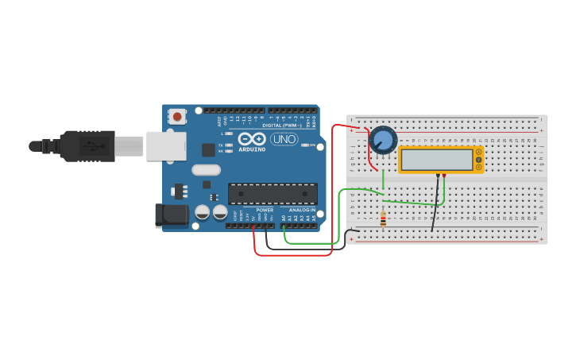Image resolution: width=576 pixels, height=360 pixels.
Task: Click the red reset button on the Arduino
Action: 176,117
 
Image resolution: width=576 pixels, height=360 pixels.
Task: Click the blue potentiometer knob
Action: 383,140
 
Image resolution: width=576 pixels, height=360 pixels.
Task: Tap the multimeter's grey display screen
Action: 436,160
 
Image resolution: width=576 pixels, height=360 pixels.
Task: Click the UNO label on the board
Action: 284,139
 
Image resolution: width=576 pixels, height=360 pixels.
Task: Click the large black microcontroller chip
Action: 273,193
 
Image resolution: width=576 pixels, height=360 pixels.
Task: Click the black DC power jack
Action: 171,215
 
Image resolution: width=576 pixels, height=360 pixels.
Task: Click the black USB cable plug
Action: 87,146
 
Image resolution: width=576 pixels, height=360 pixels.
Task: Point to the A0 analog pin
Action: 283,226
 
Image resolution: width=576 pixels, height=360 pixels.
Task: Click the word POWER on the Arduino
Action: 264,211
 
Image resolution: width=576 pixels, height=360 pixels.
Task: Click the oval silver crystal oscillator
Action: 206,169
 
